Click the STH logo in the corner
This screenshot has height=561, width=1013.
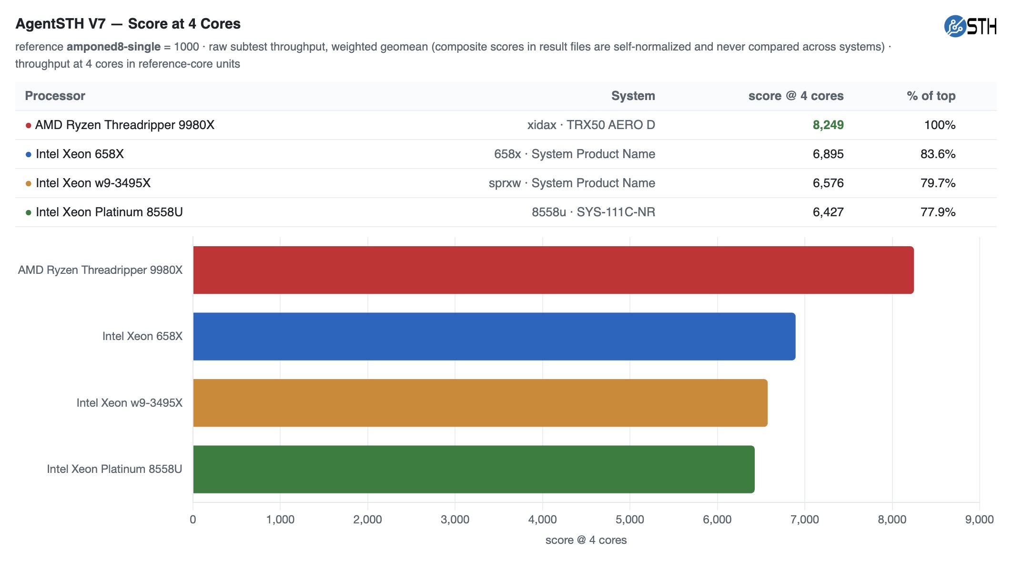970,26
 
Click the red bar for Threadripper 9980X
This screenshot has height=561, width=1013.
553,270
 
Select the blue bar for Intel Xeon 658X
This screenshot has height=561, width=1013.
494,336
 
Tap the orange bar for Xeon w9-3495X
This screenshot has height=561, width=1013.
480,403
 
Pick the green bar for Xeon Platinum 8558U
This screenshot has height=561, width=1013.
474,469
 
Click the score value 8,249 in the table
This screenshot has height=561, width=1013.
828,125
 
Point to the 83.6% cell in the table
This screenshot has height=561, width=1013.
938,154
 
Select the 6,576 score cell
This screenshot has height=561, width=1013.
828,183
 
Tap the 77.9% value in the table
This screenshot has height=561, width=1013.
938,212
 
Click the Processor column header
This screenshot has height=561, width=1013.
55,96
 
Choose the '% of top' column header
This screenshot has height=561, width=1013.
931,96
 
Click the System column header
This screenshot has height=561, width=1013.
633,96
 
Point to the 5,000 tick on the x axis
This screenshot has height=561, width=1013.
630,520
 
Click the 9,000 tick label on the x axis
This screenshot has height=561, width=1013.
980,520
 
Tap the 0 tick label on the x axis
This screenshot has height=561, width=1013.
193,520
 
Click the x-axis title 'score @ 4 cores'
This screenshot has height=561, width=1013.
586,540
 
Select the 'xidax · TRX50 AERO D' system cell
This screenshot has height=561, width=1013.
591,125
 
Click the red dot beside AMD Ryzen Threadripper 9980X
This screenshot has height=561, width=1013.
29,125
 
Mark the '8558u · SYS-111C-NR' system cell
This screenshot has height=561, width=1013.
594,212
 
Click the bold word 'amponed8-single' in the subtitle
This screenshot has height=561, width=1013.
113,47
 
